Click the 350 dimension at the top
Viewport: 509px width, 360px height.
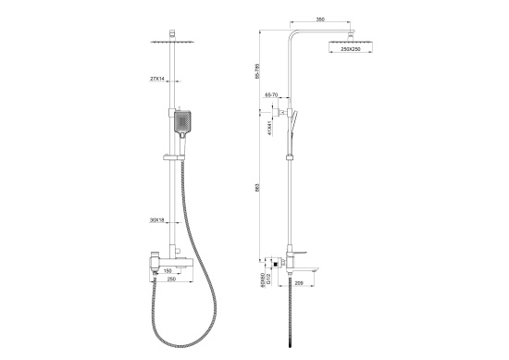click(x=319, y=18)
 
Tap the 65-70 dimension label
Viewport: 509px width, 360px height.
click(x=273, y=95)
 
